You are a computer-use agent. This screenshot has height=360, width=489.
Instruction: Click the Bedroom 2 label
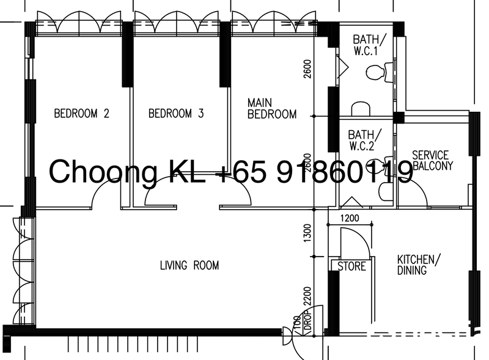coord(82,113)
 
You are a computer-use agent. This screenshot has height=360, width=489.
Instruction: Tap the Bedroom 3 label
coord(176,113)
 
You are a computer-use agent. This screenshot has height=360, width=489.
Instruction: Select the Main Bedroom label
coord(271,108)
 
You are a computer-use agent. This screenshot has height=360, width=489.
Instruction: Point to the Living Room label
coord(189,265)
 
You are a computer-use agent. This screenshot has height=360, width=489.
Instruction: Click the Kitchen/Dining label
coord(419,265)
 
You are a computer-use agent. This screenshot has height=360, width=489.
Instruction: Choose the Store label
coord(352,266)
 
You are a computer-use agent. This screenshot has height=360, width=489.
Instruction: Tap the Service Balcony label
coord(433,160)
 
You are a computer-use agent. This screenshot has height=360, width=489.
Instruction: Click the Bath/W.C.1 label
coord(370,45)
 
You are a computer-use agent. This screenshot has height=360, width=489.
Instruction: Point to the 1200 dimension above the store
coord(350,218)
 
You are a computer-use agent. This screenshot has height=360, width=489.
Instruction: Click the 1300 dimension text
coord(307,232)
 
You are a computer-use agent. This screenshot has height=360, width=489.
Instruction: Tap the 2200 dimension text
coord(307,296)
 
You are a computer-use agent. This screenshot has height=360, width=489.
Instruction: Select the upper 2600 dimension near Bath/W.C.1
coord(307,69)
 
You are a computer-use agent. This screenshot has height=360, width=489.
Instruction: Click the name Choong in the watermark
coord(103,172)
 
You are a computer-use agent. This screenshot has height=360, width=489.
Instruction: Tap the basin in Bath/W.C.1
coord(361,109)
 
